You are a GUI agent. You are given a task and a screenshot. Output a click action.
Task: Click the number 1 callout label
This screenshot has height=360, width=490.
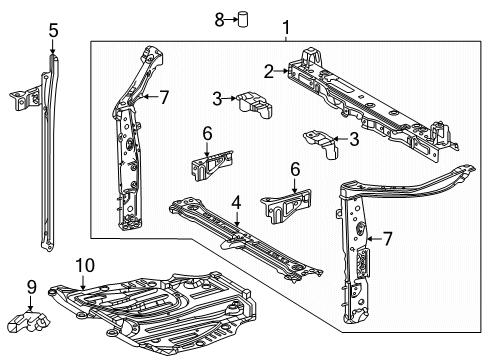pos(287,27)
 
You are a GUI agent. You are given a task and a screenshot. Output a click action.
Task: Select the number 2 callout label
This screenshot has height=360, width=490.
pos(268,70)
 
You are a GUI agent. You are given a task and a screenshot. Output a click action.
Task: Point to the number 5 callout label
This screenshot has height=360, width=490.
pos(52,31)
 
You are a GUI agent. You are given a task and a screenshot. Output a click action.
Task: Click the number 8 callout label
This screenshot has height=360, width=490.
pos(218,18)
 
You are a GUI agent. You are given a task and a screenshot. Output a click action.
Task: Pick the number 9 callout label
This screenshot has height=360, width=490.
pos(32,288)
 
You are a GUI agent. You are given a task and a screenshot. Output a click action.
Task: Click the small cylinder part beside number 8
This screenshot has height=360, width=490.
pos(241,19)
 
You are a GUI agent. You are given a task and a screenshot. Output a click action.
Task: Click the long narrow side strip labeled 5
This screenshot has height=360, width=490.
pos(47,170)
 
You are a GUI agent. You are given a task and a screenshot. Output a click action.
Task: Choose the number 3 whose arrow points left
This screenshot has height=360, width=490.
pos(353,140)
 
